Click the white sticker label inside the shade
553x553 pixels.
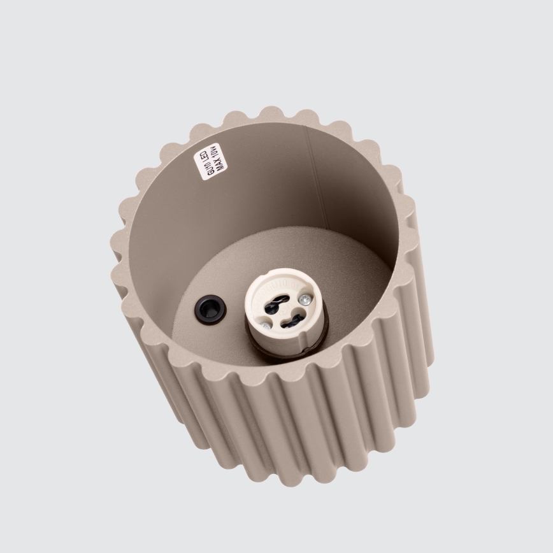210,161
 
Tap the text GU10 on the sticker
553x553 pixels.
205,169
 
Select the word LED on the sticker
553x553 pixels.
209,154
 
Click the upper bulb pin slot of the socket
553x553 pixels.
279,296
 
